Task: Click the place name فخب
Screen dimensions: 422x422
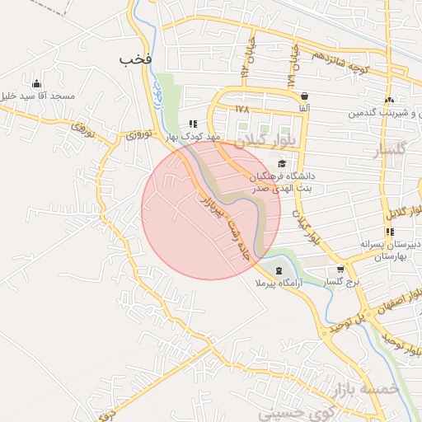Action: (x=136, y=60)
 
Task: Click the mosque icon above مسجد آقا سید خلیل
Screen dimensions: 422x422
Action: (x=35, y=83)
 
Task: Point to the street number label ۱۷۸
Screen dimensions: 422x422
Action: (x=241, y=108)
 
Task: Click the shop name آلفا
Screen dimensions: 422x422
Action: (x=305, y=108)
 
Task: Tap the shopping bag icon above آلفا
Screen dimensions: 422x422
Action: (x=305, y=96)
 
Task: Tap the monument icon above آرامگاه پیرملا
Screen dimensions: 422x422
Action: (x=278, y=270)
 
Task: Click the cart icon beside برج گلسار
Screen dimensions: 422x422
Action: (x=340, y=270)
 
